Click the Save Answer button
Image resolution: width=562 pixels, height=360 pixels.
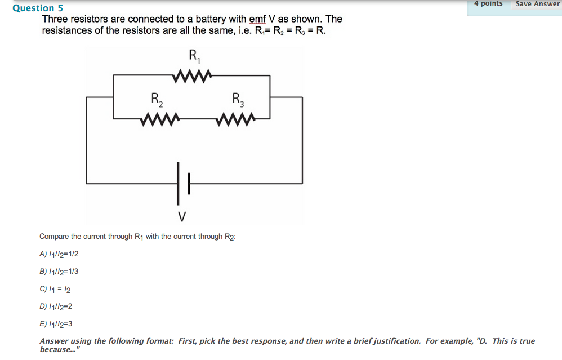(537, 4)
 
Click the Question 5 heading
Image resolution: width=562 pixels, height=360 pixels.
(38, 8)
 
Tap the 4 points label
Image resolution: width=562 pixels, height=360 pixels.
(488, 3)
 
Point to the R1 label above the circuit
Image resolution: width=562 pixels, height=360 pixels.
(195, 55)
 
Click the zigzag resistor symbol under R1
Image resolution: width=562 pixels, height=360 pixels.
(193, 74)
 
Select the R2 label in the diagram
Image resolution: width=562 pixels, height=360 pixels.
(158, 99)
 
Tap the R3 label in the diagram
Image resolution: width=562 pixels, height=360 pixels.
(238, 99)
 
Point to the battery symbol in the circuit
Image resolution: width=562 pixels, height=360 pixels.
(183, 183)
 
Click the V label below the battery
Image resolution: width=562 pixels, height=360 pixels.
(182, 216)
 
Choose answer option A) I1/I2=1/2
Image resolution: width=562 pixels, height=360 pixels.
(59, 254)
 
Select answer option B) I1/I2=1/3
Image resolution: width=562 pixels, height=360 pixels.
(59, 272)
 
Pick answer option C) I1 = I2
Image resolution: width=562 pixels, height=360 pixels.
(55, 289)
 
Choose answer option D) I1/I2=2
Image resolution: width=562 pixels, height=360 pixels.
(56, 306)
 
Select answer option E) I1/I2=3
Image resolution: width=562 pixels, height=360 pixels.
(56, 324)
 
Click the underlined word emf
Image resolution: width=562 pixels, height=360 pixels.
(258, 19)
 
